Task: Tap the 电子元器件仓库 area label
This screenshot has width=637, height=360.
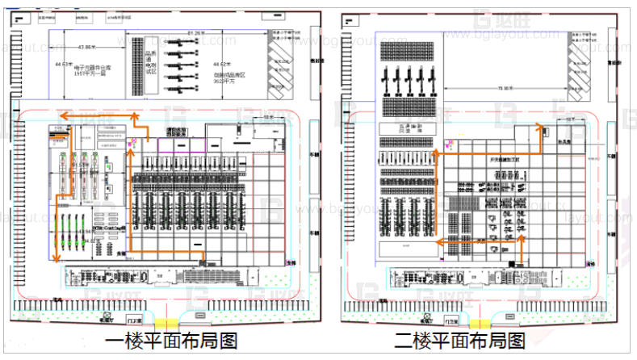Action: coord(85,69)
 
